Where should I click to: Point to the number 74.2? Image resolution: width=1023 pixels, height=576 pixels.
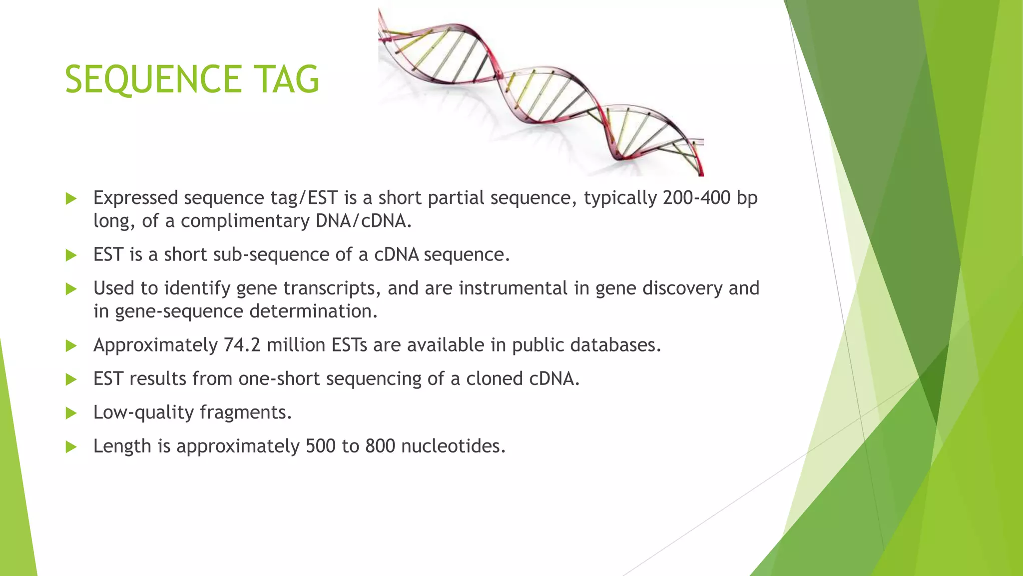[x=242, y=345]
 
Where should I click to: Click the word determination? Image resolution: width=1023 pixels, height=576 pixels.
[x=313, y=311]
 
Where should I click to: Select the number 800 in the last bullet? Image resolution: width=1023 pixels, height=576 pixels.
[x=380, y=446]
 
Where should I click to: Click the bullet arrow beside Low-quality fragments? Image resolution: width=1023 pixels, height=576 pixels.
[x=71, y=413]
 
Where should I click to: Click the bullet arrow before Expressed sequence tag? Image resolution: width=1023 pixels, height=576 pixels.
[x=71, y=198]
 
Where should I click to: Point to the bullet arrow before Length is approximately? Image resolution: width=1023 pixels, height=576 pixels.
[x=71, y=446]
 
